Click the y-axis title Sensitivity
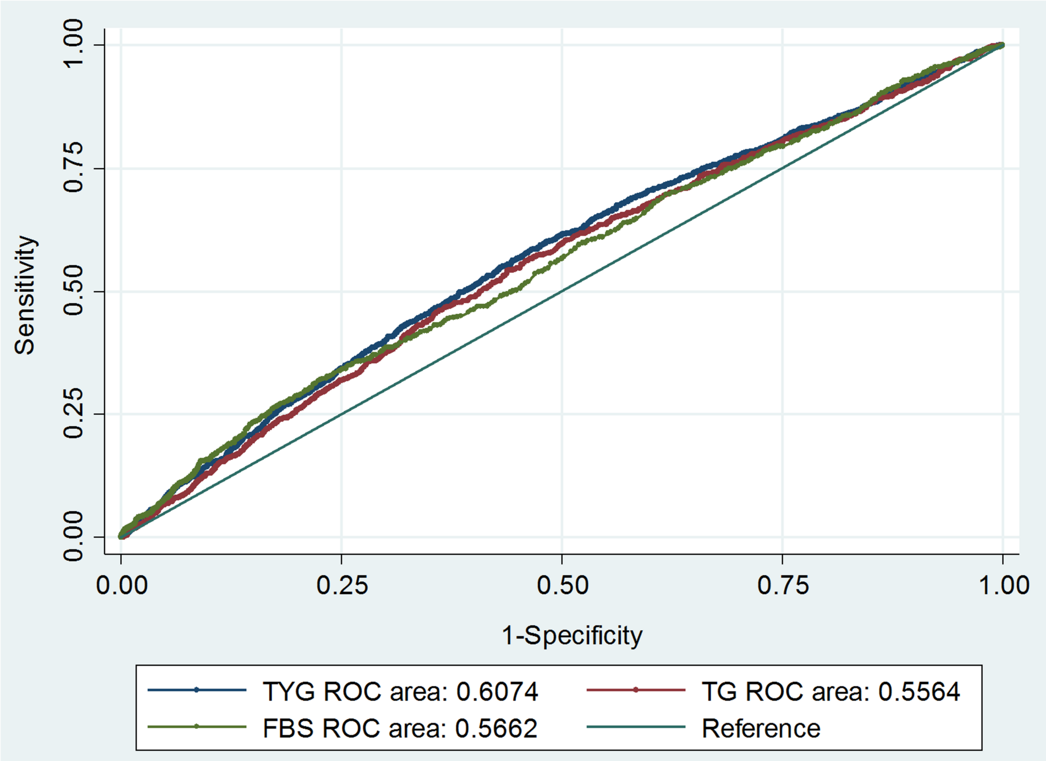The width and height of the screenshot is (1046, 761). point(25,295)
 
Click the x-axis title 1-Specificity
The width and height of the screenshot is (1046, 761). point(572,635)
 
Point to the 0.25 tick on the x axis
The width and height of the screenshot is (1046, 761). point(342,585)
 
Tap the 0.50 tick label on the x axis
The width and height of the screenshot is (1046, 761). point(562,585)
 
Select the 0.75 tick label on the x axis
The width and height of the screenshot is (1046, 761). point(782,585)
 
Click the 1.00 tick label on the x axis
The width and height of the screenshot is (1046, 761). point(1003,585)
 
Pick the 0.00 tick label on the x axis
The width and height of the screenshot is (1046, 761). point(122,585)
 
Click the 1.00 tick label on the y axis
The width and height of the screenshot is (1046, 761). point(73,44)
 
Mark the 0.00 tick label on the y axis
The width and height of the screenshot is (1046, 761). point(73,536)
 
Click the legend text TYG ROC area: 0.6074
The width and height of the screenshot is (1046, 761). point(400,692)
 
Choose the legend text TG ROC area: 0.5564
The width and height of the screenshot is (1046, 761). point(830,692)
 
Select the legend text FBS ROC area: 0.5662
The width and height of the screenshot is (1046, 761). point(400,728)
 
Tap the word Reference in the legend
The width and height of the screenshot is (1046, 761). point(761,728)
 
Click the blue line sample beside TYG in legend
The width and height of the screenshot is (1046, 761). point(196,690)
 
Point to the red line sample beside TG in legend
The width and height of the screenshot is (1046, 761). point(636,690)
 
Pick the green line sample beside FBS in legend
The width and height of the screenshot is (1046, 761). point(196,727)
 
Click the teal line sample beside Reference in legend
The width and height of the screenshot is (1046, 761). point(636,727)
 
